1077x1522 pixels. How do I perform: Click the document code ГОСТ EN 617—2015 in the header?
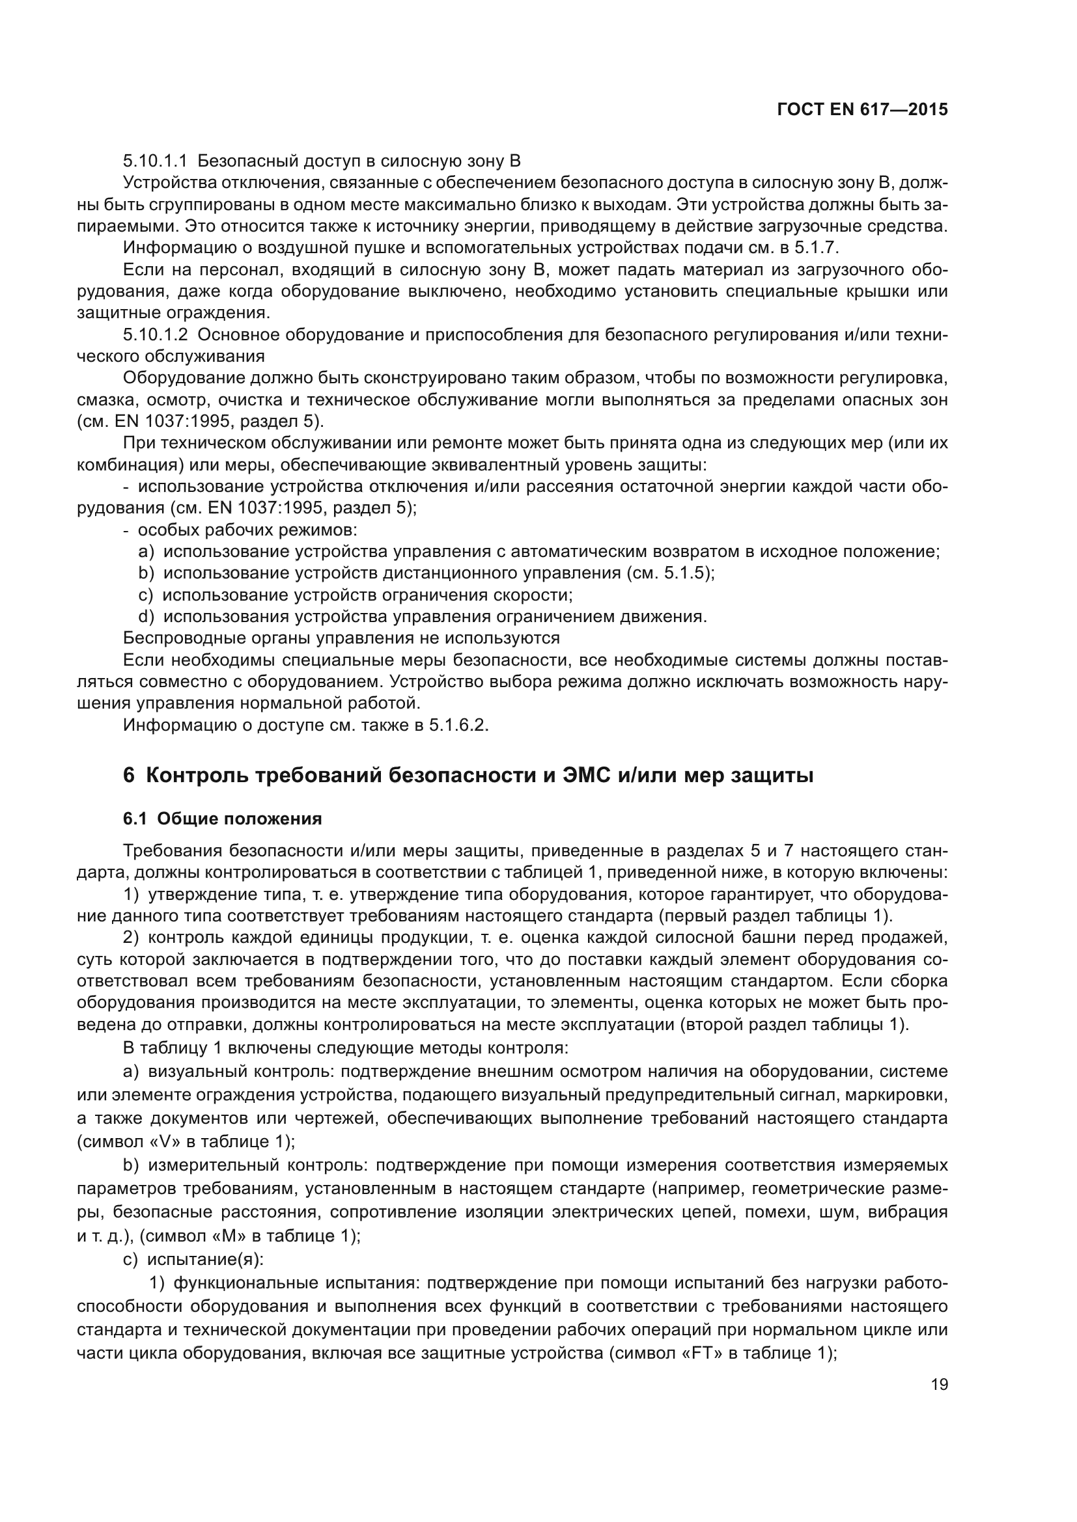[861, 110]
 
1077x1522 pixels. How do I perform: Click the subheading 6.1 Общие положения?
[222, 819]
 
